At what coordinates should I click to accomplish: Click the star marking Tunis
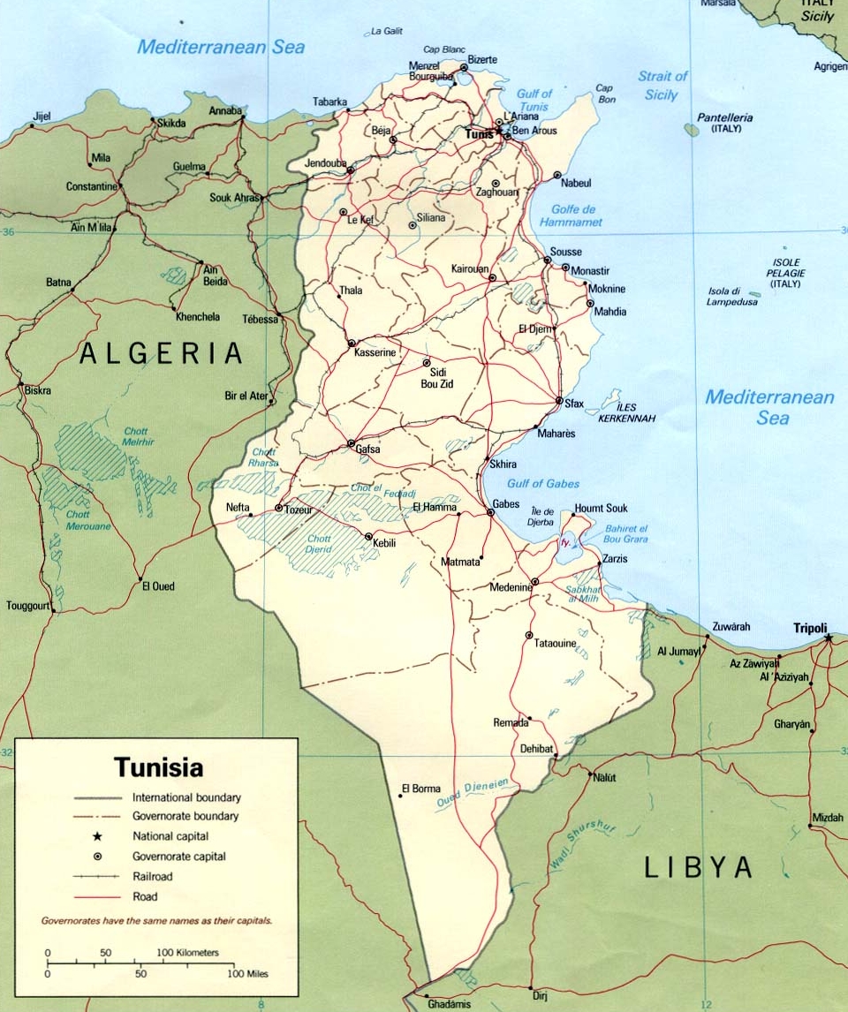coord(499,130)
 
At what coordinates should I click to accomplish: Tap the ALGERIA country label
coord(161,354)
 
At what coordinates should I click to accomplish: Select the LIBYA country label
coord(698,867)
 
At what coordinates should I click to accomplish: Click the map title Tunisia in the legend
coord(158,767)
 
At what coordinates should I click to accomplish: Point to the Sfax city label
coord(574,404)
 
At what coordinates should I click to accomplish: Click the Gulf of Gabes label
coord(543,484)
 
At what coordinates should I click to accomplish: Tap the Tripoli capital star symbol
coord(828,637)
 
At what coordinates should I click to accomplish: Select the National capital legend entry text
coord(170,835)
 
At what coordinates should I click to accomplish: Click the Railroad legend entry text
coord(153,877)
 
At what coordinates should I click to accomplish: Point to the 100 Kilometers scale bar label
coord(187,953)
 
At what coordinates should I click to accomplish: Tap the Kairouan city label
coord(470,268)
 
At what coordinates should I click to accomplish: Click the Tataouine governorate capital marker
coord(528,635)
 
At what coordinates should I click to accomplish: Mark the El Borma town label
coord(420,789)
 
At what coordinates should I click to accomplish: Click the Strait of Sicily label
coord(662,86)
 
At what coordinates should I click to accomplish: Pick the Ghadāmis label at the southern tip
coord(448,1005)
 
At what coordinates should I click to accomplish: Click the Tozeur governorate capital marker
coord(279,508)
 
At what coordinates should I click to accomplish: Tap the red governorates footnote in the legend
coord(156,920)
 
